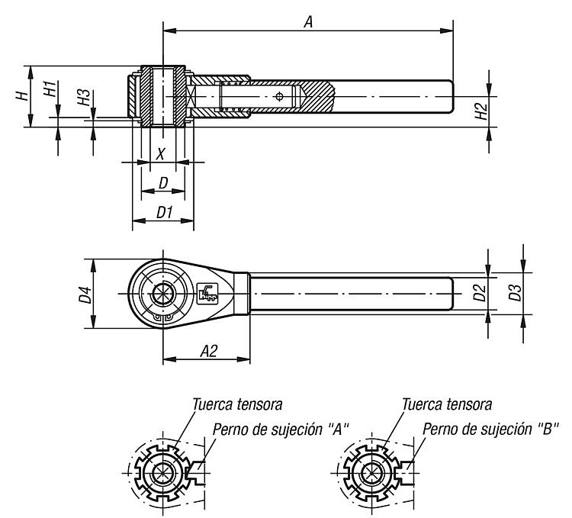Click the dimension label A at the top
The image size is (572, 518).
point(309,22)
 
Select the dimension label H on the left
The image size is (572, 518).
point(22,96)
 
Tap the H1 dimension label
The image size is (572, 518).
point(50,89)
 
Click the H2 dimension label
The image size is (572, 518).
point(481,111)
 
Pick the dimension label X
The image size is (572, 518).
point(160,154)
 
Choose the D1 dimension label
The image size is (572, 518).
point(164,212)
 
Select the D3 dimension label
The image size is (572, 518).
point(516,292)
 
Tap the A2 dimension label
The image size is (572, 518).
point(209,351)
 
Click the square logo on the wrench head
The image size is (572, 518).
point(207,294)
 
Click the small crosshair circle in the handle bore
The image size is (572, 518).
point(280,97)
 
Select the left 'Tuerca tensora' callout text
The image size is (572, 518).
point(237,404)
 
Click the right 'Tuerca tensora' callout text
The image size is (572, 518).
point(447,404)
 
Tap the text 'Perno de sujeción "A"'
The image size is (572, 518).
point(281,430)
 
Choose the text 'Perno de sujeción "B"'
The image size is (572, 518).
point(490,430)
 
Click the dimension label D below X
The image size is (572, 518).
point(163,183)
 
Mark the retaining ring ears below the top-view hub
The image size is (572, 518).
point(162,318)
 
